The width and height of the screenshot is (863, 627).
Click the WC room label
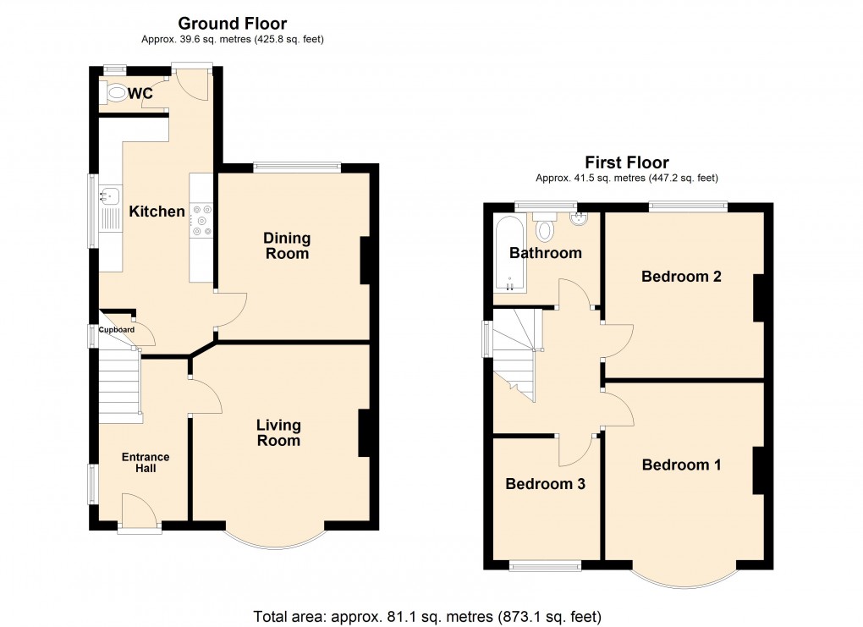coord(140,93)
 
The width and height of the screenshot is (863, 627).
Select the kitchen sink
coord(108,196)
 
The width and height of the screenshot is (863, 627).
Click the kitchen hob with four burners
coord(201,219)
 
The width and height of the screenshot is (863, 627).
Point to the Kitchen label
coord(157,212)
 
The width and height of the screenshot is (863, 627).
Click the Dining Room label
coord(288,246)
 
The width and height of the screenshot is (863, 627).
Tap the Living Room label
coord(278,433)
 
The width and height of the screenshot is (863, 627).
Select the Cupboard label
coord(116,330)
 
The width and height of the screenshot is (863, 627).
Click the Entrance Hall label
coord(146,463)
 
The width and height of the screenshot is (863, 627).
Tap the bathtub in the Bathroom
coord(508,254)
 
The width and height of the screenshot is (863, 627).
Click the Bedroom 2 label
coord(681,276)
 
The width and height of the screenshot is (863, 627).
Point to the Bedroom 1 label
coord(681,465)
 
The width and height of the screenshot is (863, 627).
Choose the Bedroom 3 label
coord(546,484)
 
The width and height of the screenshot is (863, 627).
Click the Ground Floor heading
coord(232,24)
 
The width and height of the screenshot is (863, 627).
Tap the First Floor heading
coord(627,162)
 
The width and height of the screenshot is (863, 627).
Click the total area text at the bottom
coord(427,615)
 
